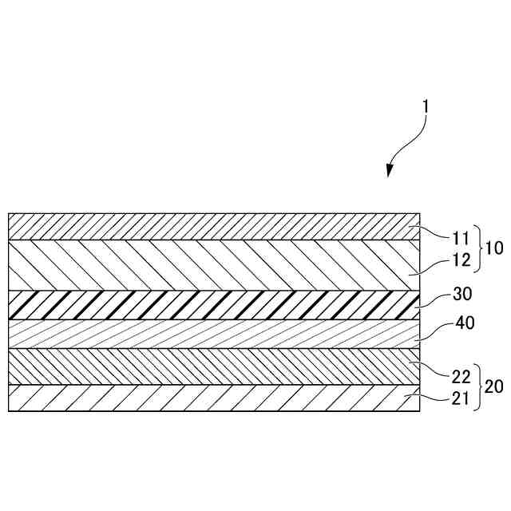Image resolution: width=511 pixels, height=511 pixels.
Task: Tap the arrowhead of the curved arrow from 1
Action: (x=390, y=171)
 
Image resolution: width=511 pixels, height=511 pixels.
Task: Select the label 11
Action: (x=460, y=237)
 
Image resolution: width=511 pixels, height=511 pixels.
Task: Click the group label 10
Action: (x=493, y=248)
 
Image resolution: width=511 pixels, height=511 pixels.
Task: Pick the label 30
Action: (x=462, y=294)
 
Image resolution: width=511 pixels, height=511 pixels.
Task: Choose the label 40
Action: (x=463, y=325)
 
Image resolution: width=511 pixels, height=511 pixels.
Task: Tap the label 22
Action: (x=460, y=374)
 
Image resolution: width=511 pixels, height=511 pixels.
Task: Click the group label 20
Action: (x=494, y=386)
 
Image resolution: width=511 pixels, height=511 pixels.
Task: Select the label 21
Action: (x=460, y=399)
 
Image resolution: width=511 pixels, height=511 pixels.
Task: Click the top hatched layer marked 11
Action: (x=208, y=227)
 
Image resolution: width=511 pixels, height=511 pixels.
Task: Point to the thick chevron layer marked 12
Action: (x=208, y=265)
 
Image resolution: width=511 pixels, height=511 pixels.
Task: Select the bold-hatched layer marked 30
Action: (x=208, y=305)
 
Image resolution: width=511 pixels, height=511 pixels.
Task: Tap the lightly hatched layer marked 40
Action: (x=208, y=334)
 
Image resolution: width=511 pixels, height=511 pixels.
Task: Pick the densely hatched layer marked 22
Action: (x=208, y=366)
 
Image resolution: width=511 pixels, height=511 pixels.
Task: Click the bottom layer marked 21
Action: (x=208, y=398)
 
